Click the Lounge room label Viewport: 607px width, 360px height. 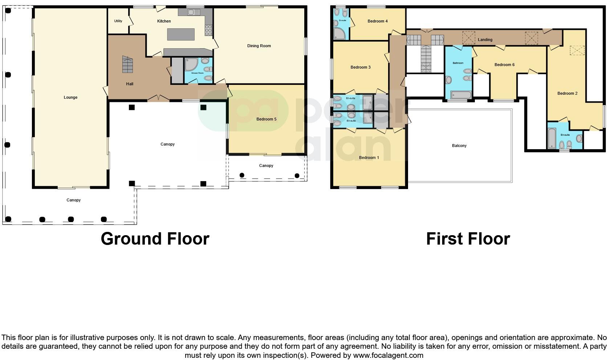(70, 97)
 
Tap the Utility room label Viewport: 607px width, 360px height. (118, 21)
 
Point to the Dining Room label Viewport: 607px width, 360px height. (259, 46)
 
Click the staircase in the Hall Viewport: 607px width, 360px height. (128, 65)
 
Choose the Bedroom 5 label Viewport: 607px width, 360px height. (266, 119)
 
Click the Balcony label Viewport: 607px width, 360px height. (459, 146)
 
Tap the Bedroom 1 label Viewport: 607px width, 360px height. (369, 157)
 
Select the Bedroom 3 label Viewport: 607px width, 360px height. (360, 67)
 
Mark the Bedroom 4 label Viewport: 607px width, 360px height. (378, 21)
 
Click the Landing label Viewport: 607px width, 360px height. (485, 40)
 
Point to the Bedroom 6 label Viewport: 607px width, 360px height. (504, 65)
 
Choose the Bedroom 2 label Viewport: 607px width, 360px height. (567, 93)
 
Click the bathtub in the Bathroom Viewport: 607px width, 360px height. (461, 95)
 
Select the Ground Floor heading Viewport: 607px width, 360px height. (155, 239)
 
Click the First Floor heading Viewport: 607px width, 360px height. (468, 239)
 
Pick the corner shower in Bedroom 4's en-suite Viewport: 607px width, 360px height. (340, 34)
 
